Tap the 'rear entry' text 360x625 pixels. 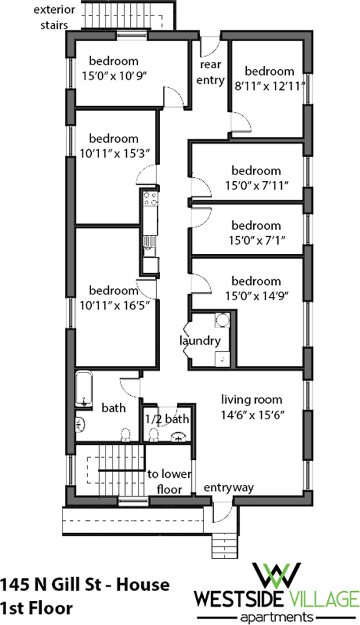[210, 72]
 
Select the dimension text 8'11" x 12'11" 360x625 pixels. [270, 86]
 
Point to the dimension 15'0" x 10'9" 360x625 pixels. [114, 76]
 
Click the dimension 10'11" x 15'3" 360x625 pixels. [115, 154]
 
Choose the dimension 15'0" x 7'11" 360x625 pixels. [256, 186]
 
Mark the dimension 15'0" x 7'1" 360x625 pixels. [256, 240]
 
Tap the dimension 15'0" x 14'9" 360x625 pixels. [256, 296]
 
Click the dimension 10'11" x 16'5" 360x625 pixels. [115, 305]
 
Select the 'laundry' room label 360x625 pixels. [200, 341]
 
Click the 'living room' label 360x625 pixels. [251, 399]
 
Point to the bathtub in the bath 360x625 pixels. [84, 389]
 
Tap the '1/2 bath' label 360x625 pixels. [167, 419]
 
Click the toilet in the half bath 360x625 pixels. [153, 434]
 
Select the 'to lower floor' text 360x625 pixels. [169, 482]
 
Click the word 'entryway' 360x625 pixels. [229, 488]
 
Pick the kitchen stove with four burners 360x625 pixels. [150, 199]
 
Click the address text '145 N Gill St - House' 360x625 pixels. [85, 585]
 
